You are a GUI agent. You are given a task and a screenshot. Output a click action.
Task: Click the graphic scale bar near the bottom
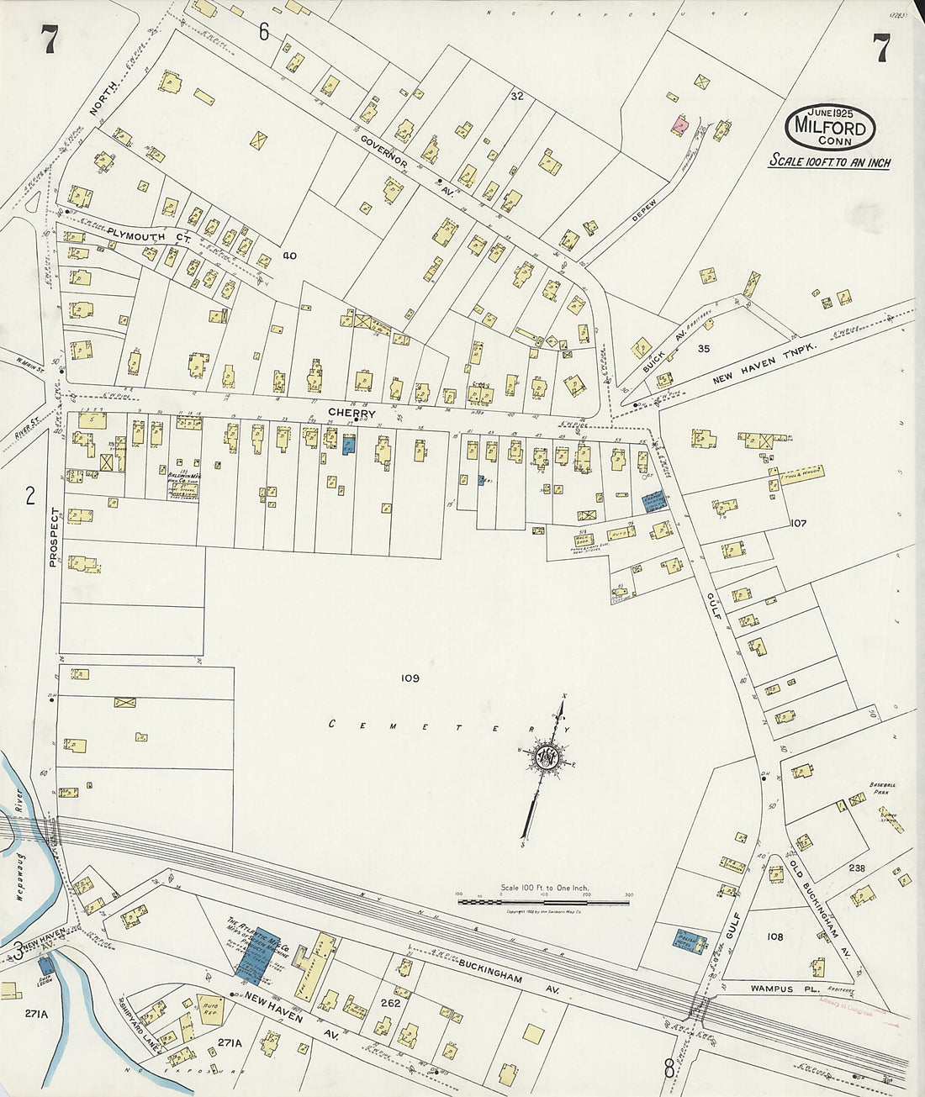click(x=544, y=901)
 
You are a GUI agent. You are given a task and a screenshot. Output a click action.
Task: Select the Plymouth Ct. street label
click(x=148, y=235)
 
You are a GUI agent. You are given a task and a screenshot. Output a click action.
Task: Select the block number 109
click(x=410, y=678)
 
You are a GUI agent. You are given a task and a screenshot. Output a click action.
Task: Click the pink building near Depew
click(x=679, y=124)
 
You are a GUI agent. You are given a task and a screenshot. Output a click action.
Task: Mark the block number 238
click(x=857, y=868)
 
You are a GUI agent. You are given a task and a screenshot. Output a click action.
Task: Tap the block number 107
click(x=798, y=523)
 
